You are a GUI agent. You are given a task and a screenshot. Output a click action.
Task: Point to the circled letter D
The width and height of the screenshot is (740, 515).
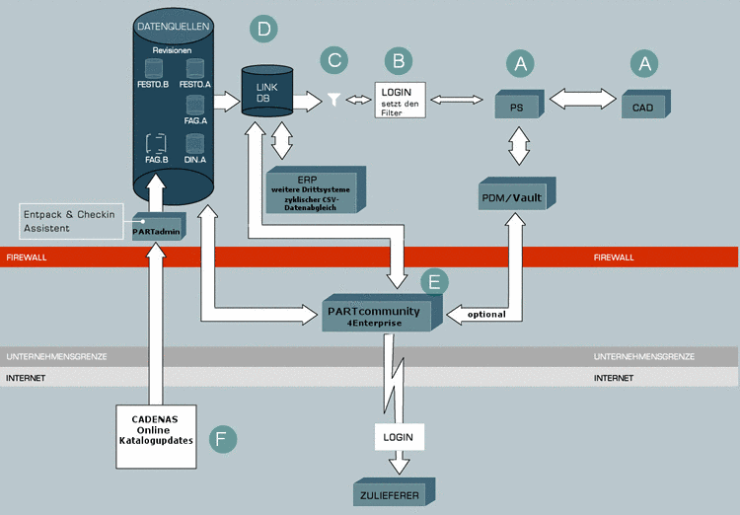[x=263, y=29]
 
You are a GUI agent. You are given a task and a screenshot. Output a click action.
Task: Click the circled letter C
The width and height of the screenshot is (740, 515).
[x=334, y=59]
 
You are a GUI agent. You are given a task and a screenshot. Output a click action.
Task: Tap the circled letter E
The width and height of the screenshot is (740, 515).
[x=432, y=282]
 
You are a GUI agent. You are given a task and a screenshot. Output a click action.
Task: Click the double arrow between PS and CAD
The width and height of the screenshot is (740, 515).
[x=583, y=99]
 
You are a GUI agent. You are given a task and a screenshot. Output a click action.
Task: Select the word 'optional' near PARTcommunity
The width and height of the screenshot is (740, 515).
[x=486, y=314]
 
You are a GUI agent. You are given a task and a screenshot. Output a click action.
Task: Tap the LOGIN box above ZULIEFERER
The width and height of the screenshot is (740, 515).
[x=399, y=435]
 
